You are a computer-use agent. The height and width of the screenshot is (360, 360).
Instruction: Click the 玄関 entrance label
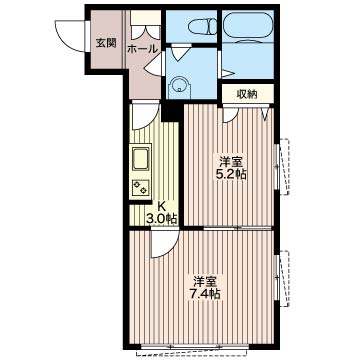[x=106, y=43]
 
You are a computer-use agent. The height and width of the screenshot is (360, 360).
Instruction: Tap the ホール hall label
[x=142, y=49]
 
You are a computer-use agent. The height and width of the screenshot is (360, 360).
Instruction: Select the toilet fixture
[x=202, y=26]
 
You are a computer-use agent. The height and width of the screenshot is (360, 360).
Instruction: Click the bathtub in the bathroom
[x=248, y=26]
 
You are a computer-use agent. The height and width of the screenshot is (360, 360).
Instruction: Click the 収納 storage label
[x=247, y=94]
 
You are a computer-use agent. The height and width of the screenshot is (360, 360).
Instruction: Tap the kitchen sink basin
[x=142, y=158]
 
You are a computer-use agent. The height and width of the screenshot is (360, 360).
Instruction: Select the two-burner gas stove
[x=140, y=187]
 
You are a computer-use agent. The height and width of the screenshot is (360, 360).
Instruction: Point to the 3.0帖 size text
[x=161, y=219]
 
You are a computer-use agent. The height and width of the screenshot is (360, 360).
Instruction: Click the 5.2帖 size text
[x=231, y=174]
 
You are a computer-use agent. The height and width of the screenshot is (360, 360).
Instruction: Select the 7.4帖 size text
[x=204, y=294]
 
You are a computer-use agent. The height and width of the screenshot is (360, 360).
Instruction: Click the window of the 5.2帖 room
[x=281, y=167]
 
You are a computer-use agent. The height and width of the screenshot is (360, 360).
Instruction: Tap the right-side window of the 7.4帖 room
[x=281, y=278]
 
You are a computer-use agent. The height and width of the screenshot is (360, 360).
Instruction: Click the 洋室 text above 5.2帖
[x=231, y=162]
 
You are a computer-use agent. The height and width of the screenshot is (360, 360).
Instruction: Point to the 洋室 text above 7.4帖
[x=205, y=282]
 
